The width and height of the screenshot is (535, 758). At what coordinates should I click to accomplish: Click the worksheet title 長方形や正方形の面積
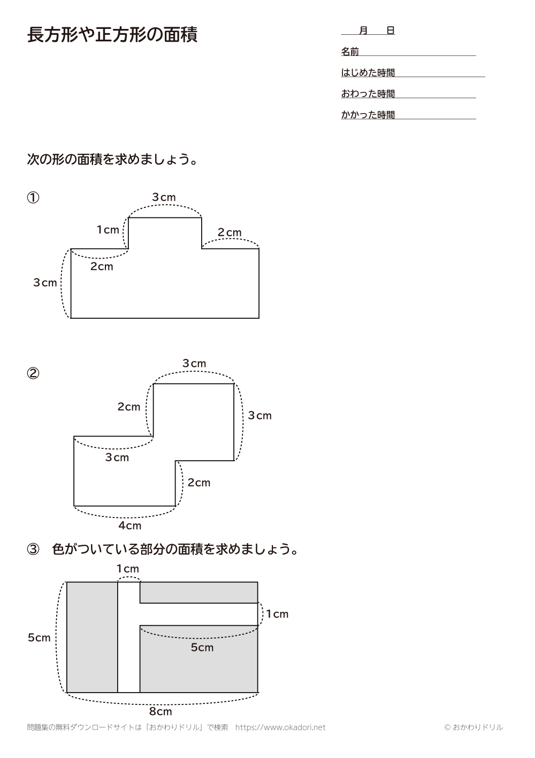click(112, 35)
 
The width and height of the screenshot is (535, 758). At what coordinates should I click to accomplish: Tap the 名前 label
click(350, 52)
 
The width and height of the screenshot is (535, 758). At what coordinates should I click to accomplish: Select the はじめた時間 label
click(368, 73)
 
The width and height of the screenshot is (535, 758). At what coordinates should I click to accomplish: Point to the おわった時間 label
click(368, 94)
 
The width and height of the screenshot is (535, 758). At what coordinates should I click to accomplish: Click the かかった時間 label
click(368, 115)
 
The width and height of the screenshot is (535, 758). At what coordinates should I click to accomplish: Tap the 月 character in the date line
click(363, 31)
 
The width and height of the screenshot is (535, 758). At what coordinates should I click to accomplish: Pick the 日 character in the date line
click(391, 31)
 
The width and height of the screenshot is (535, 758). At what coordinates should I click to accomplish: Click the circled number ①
click(33, 198)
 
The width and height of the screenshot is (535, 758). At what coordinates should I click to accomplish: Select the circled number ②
click(33, 373)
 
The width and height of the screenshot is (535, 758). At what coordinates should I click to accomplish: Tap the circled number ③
click(33, 550)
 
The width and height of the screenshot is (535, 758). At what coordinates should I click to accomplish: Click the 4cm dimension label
click(130, 526)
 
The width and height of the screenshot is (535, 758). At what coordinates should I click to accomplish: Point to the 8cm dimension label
click(160, 711)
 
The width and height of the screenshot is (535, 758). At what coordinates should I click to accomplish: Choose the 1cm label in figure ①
click(108, 230)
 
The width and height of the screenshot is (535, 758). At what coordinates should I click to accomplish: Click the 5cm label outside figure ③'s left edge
click(39, 637)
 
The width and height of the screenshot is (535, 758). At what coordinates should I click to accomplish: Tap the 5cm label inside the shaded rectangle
click(202, 647)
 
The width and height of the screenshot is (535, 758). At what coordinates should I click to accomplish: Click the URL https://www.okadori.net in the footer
click(280, 727)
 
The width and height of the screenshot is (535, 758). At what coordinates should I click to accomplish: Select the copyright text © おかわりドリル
click(473, 727)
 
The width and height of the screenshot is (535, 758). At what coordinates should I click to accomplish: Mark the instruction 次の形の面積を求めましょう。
click(112, 160)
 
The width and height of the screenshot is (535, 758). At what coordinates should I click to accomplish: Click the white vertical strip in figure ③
click(128, 654)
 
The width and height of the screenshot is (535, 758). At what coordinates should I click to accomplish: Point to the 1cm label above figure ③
click(128, 568)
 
